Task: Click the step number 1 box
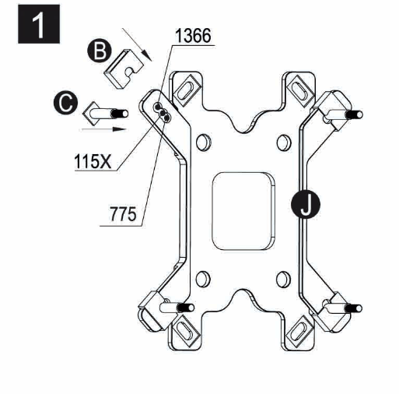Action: pos(39,24)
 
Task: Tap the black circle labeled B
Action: pos(100,51)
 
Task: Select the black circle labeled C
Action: pos(65,103)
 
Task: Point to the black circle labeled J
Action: pos(306,204)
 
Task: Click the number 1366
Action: pos(193,36)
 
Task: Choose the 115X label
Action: pos(93,161)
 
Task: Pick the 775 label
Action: pos(123,214)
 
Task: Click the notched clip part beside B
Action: pos(124,69)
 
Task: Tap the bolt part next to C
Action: pos(105,114)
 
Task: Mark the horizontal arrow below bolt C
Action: pos(104,129)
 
